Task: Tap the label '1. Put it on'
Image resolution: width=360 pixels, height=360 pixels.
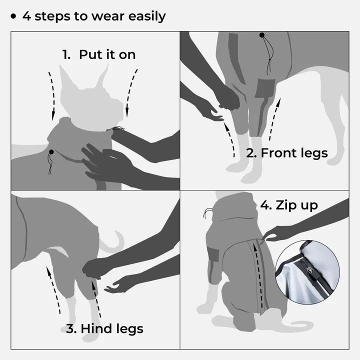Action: [99, 54]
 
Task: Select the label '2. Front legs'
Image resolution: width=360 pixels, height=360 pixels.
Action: [287, 152]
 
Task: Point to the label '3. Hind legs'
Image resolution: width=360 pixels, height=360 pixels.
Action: [104, 328]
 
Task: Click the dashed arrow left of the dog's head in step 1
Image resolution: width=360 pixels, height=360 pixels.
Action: [51, 95]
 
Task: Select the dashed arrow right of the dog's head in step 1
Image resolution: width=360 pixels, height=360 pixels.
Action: [130, 90]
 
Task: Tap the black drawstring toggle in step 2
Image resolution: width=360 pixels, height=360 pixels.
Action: [261, 35]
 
